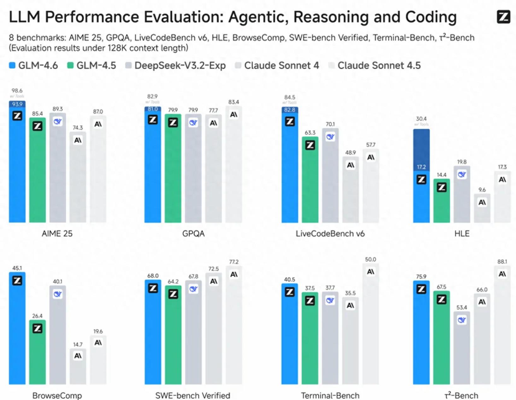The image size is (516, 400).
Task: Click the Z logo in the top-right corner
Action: pos(503,17)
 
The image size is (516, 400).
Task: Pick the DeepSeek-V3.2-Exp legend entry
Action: pos(175,66)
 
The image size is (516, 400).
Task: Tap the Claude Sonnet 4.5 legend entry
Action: pos(374,66)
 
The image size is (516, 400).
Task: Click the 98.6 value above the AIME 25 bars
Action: pos(17,91)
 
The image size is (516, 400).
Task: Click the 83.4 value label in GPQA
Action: pos(234,102)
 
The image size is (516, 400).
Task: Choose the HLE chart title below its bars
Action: pos(462,234)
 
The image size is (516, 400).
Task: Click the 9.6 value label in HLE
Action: pos(482,190)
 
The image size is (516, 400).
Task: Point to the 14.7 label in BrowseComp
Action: pos(78,345)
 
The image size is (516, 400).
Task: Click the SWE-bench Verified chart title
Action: pos(193,395)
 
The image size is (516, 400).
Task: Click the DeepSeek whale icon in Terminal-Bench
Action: pos(330,300)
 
